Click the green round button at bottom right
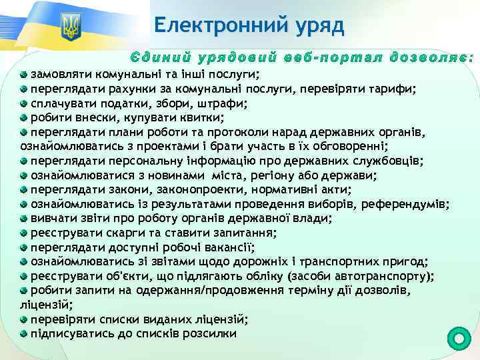point(458,338)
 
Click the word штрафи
point(222,103)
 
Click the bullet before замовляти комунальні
point(24,74)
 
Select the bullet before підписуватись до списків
point(24,334)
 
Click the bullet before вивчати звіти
point(24,219)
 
